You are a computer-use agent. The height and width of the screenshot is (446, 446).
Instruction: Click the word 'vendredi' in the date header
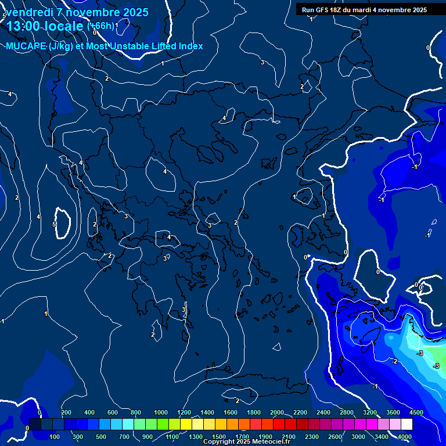pyautogui.click(x=28, y=12)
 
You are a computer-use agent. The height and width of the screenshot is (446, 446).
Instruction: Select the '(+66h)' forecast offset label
pyautogui.click(x=100, y=26)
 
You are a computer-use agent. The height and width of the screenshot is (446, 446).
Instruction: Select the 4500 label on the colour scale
pyautogui.click(x=415, y=412)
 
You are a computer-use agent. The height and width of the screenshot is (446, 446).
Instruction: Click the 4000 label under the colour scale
pyautogui.click(x=405, y=437)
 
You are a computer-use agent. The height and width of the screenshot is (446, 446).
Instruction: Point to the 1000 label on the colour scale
pyautogui.click(x=161, y=412)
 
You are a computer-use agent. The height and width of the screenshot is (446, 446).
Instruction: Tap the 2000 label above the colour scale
pyautogui.click(x=277, y=412)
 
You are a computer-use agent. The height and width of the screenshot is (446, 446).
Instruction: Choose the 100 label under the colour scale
pyautogui.click(x=55, y=437)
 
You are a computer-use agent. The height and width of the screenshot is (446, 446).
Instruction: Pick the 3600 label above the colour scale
pyautogui.click(x=393, y=412)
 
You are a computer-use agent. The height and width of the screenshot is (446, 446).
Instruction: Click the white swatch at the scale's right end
pyautogui.click(x=407, y=425)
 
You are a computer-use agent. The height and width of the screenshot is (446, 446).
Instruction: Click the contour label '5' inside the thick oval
pyautogui.click(x=54, y=224)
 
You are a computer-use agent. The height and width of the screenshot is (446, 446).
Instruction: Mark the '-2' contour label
pyautogui.click(x=394, y=361)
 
